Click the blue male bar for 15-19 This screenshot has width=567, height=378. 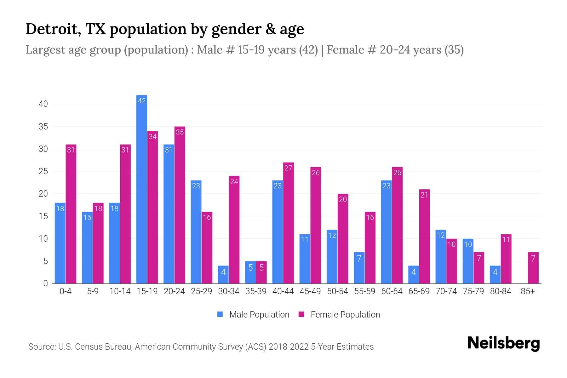142,189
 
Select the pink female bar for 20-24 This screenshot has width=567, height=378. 180,205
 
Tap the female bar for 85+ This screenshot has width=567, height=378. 533,268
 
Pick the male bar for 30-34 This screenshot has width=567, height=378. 223,275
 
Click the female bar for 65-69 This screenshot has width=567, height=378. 424,236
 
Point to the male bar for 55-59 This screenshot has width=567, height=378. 359,268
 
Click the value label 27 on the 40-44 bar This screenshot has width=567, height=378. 288,168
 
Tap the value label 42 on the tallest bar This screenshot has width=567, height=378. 142,101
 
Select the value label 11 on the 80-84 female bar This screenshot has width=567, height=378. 506,240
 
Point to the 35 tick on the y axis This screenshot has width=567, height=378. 43,127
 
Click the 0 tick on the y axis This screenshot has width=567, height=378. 45,283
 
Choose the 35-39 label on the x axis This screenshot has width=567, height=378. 256,291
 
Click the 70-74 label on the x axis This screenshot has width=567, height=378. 446,291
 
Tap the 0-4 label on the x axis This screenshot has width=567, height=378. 66,291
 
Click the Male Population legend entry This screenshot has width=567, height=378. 259,315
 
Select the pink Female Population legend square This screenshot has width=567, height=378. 301,314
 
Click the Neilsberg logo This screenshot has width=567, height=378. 503,343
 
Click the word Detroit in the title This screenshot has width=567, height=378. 52,29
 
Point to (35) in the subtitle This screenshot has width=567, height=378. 454,50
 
